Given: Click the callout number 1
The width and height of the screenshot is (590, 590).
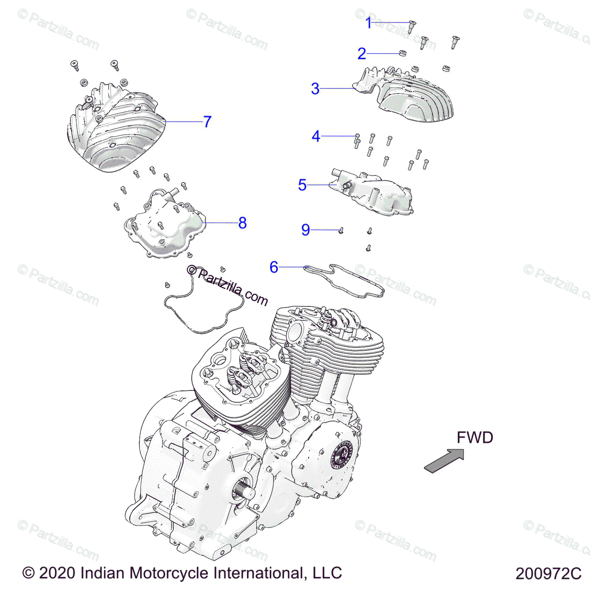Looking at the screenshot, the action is (369, 23).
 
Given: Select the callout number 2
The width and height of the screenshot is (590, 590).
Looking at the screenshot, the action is (362, 54).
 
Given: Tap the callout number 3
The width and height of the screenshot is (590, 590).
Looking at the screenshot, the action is (315, 89).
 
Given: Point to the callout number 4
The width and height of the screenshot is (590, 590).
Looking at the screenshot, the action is (316, 136).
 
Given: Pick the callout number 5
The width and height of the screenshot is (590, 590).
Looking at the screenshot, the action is (302, 185).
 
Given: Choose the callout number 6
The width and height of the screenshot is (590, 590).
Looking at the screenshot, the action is (274, 267).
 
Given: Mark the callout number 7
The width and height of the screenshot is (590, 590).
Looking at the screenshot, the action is (207, 121).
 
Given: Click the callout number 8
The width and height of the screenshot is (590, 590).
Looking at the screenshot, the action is (242, 223).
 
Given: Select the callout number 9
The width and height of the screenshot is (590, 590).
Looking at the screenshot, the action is (306, 230).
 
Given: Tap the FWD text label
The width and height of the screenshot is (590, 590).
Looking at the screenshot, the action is (474, 437).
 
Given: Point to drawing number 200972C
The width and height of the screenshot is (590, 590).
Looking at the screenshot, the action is (548, 574).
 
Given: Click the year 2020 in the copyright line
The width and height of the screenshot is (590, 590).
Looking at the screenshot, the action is (57, 573).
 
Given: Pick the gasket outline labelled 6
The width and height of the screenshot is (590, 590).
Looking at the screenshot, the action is (344, 280).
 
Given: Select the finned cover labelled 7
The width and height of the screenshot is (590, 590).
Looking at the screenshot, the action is (116, 133).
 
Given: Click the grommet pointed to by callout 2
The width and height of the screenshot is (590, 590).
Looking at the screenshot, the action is (402, 53).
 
